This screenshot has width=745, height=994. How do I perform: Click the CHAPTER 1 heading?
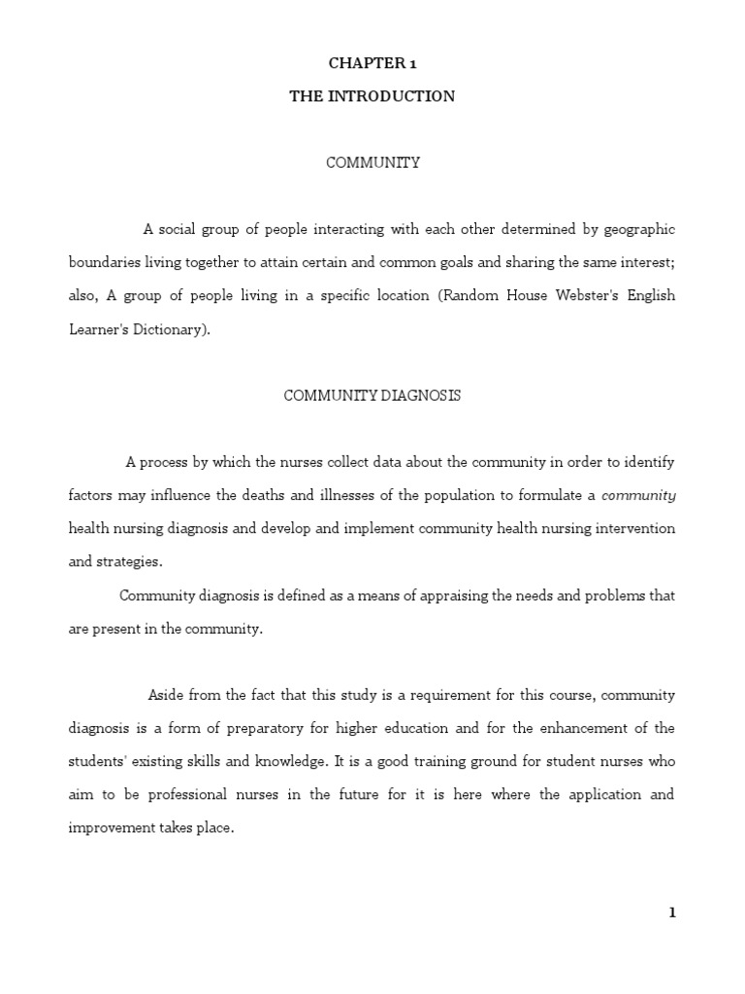tap(372, 63)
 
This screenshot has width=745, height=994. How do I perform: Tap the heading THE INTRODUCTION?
tap(372, 96)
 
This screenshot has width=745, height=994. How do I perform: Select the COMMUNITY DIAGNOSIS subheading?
tap(372, 396)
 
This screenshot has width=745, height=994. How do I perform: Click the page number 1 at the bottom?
tap(671, 912)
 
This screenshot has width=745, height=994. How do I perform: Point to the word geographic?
tap(639, 230)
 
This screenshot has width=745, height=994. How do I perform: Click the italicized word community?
tap(638, 495)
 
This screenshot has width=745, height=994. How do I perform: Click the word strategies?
tap(129, 561)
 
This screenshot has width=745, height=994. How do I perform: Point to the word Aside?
tap(166, 695)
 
